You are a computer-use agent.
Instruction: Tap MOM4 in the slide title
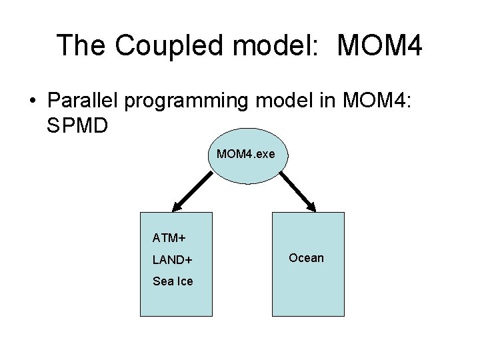[x=380, y=45]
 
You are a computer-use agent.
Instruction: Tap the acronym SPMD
[x=77, y=124]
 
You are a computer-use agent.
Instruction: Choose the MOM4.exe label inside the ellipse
[x=245, y=155]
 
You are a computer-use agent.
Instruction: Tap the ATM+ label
[x=169, y=237]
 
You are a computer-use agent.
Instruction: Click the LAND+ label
[x=173, y=259]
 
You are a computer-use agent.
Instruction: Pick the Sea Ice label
[x=173, y=281]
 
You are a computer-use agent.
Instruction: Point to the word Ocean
[x=306, y=258]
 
